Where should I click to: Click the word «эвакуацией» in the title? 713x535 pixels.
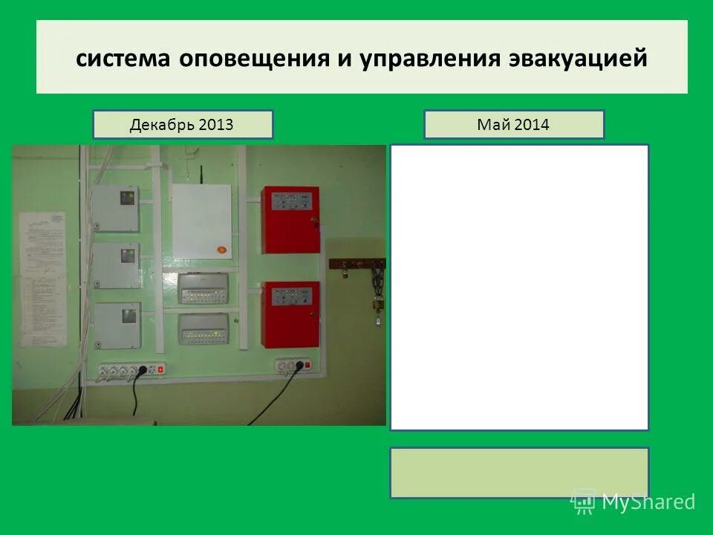pos(578,59)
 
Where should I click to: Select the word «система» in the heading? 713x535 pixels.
pos(123,59)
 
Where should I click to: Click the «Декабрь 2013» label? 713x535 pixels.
pos(182,124)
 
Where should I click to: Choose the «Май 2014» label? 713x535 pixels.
pos(513,124)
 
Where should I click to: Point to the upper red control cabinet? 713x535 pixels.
pos(290,219)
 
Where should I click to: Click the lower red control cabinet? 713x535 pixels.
pos(290,314)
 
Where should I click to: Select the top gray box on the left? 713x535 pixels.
pos(117,208)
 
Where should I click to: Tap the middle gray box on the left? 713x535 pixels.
pos(117,266)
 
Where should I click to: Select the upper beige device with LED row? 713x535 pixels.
pos(204,288)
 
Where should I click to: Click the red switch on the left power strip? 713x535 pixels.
pos(160,369)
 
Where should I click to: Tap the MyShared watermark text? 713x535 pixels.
pos(648,502)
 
